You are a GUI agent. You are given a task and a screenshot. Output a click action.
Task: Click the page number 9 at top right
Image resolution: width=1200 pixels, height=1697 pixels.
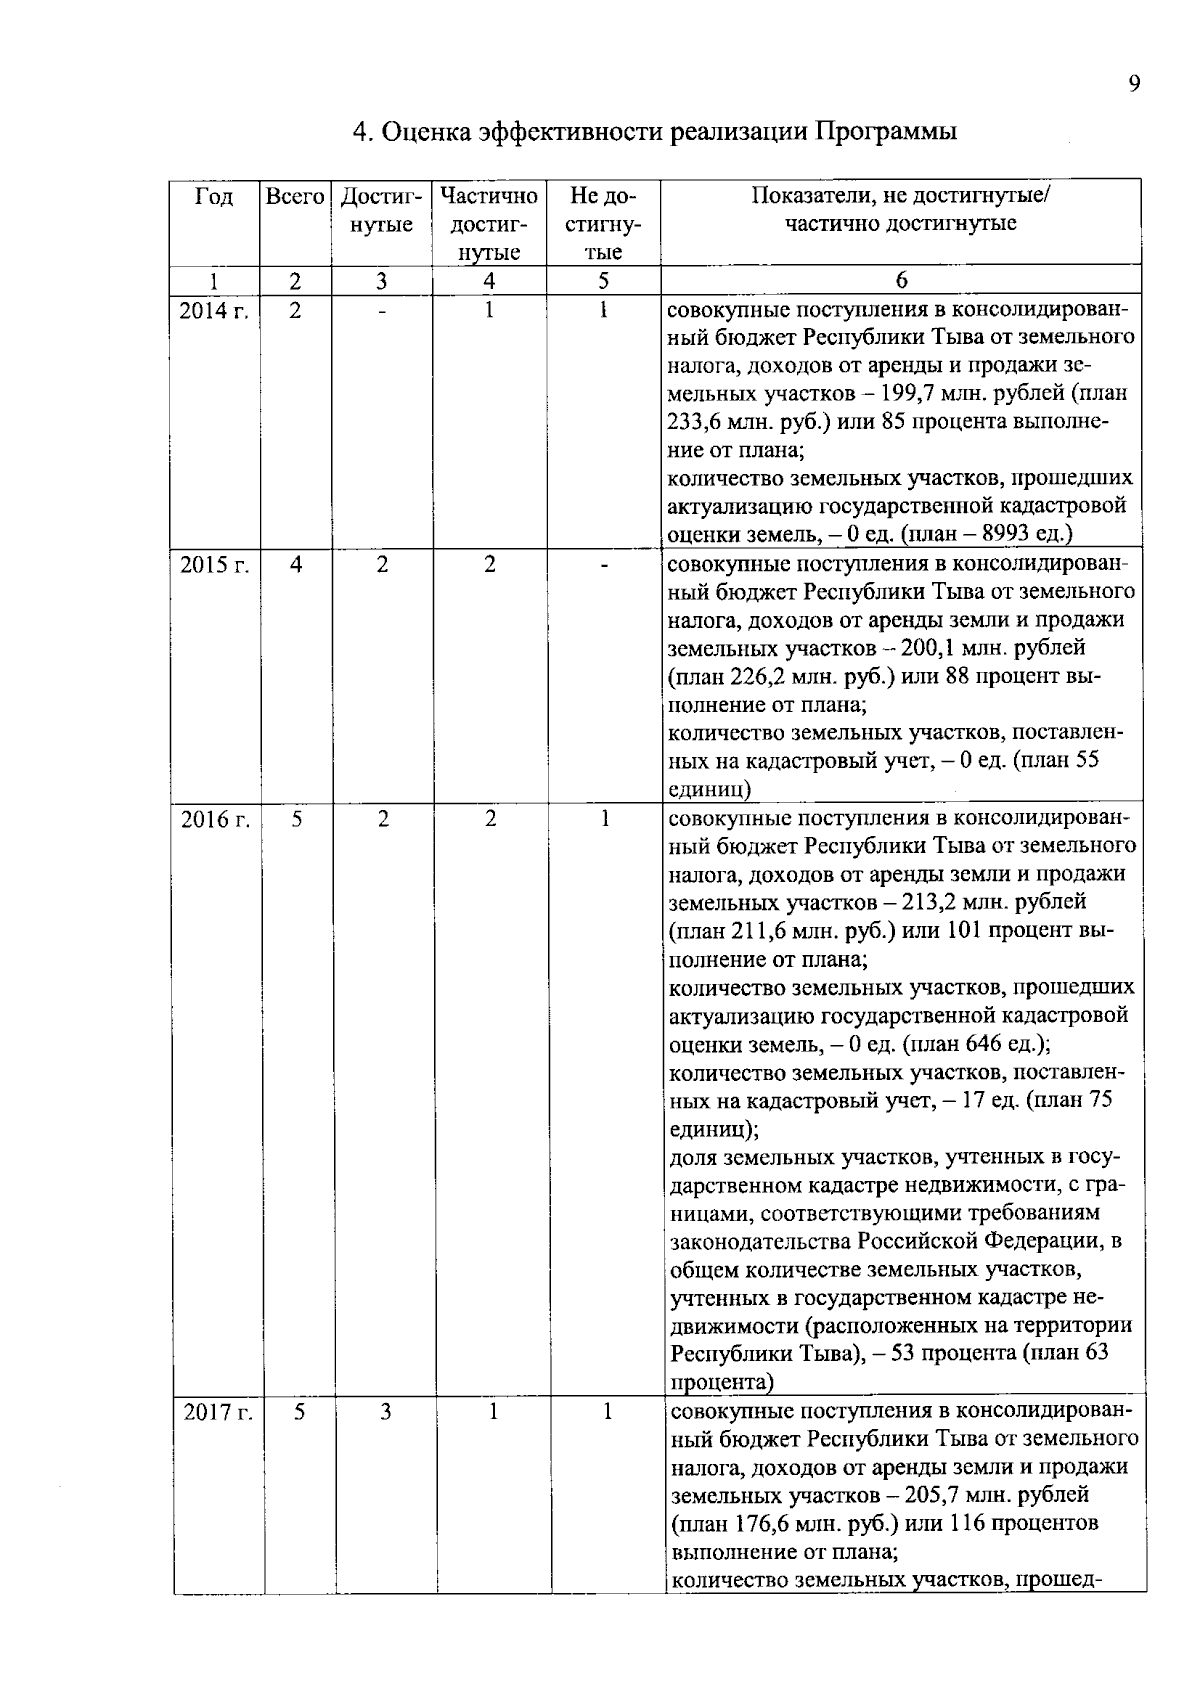click(x=1133, y=84)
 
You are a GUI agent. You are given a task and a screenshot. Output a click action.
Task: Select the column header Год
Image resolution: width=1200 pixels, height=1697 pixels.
click(x=214, y=197)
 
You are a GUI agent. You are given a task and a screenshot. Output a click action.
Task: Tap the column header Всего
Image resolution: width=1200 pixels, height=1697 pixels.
click(x=295, y=197)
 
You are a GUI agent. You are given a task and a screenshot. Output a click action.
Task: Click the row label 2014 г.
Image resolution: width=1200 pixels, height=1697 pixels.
click(x=214, y=310)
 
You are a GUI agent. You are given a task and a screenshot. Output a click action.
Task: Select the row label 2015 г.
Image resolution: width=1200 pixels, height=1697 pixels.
click(x=214, y=565)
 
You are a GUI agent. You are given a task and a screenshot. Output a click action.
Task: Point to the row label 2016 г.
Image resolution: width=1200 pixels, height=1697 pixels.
click(x=214, y=820)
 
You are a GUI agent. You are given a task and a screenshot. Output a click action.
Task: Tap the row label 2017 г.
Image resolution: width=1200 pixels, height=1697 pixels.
click(x=217, y=1413)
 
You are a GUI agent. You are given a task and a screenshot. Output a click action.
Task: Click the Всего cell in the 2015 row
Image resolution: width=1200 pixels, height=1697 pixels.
click(x=296, y=565)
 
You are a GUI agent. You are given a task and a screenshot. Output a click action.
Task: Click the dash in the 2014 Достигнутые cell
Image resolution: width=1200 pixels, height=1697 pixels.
click(x=382, y=311)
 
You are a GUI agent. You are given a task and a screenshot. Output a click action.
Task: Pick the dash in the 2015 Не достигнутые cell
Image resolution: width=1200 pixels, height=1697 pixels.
click(x=604, y=566)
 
